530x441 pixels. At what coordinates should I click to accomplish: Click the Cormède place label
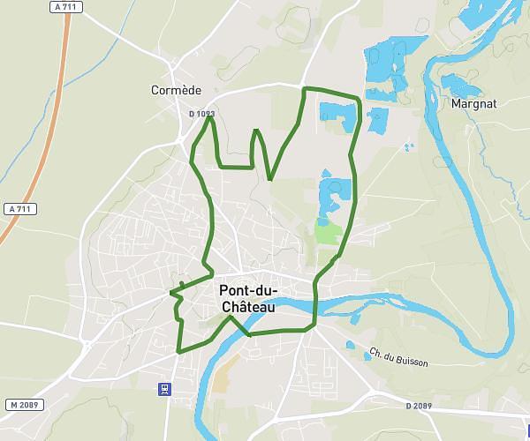pos(177,90)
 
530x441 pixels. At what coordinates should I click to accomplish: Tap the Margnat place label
pos(473,103)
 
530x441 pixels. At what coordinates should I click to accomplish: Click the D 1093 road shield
pos(201,114)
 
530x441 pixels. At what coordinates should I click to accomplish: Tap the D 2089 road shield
pos(420,406)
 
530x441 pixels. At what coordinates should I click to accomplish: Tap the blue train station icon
pos(164,389)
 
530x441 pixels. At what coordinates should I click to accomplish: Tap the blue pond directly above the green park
pos(334,192)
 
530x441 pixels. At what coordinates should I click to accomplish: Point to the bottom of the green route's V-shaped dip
pos(269,179)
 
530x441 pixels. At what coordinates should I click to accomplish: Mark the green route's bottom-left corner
pos(178,352)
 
